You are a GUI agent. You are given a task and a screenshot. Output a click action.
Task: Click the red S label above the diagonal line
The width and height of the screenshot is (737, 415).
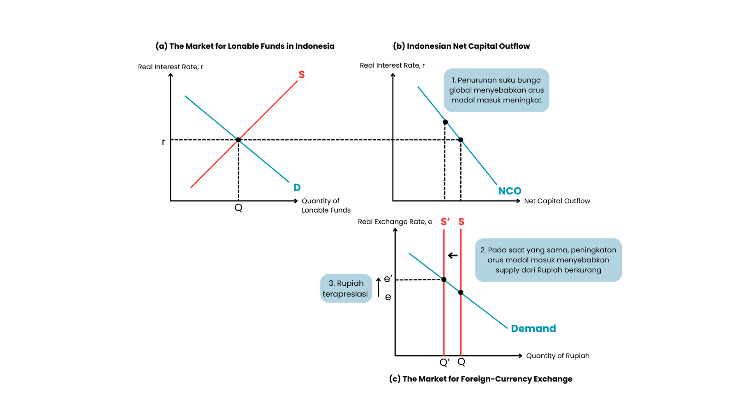coord(302,75)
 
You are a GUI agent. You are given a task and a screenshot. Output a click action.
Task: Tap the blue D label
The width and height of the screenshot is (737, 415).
coord(297,188)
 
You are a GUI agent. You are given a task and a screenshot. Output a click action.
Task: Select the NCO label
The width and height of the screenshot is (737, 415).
coord(509,191)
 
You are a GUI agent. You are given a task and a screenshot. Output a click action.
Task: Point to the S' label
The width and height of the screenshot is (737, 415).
coord(445,222)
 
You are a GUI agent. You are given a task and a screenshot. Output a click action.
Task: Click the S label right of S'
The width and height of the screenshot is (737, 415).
coord(462,222)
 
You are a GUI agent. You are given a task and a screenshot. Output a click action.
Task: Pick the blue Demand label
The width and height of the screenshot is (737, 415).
coord(533,328)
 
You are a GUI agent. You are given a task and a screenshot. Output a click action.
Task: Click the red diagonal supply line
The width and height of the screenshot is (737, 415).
coord(267,111)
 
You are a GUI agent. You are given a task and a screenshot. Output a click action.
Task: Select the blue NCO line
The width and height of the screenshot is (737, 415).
coord(479,162)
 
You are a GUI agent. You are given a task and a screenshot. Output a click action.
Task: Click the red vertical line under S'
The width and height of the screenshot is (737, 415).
coord(444,323)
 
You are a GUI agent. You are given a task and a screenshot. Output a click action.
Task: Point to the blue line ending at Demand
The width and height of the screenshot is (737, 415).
coord(484,310)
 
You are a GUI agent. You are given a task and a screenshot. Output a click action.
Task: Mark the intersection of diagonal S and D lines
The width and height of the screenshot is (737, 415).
coord(238,139)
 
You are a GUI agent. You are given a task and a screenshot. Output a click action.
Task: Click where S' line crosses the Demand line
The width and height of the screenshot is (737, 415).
coord(444,279)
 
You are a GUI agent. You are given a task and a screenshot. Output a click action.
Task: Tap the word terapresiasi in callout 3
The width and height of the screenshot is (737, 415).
coord(345,294)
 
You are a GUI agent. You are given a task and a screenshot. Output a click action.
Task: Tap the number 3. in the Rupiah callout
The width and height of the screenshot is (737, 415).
coord(332,284)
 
